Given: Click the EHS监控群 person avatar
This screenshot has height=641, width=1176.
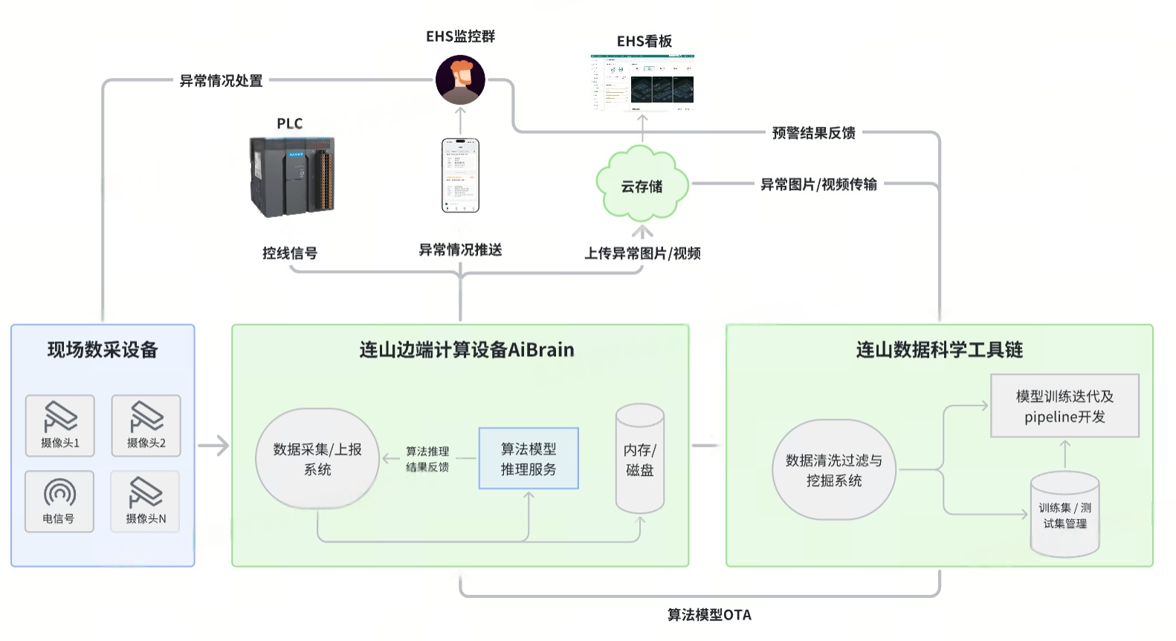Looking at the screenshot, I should click(460, 80).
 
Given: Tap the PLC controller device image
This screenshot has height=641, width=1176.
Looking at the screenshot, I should click(292, 176).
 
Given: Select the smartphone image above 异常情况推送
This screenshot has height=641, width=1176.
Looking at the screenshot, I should click(460, 175).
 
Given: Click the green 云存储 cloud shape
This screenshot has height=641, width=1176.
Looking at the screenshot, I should click(642, 184).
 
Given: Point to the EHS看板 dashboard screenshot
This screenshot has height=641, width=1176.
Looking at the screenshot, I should click(642, 82).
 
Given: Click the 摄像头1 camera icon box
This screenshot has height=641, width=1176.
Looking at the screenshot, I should click(60, 425).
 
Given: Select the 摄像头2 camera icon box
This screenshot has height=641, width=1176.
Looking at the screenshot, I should click(146, 425).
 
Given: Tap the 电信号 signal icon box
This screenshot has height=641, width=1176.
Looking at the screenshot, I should click(59, 501).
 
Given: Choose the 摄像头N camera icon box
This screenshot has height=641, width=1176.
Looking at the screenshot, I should click(146, 501).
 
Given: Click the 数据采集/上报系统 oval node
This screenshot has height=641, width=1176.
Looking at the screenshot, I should click(317, 459).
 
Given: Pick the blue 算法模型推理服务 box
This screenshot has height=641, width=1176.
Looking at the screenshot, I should click(529, 458).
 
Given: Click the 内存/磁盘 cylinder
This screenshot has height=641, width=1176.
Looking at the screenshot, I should click(639, 459).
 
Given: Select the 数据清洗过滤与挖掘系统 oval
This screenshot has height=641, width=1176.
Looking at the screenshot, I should click(833, 470).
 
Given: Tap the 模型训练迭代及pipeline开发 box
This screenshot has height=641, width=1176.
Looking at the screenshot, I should click(1064, 406).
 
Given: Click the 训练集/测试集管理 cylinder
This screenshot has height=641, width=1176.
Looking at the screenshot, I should click(1064, 515).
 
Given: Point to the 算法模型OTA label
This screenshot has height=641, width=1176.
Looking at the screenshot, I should click(709, 615).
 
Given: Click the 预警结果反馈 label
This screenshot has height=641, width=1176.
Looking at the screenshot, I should click(813, 133).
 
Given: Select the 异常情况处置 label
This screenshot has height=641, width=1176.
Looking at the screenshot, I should click(221, 81).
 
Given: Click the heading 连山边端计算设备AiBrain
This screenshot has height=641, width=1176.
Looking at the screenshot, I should click(466, 350).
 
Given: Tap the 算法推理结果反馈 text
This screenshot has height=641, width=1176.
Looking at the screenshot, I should click(427, 459).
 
